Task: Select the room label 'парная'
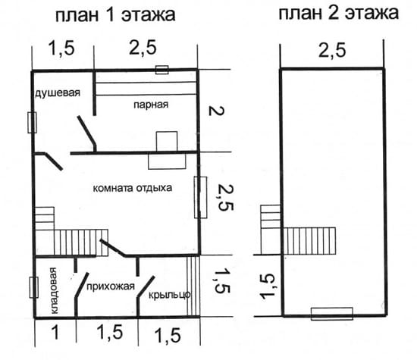(149, 104)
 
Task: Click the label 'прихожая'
(111, 286)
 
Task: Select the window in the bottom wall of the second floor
(332, 313)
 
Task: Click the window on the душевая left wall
(33, 122)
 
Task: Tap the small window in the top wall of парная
(161, 70)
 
